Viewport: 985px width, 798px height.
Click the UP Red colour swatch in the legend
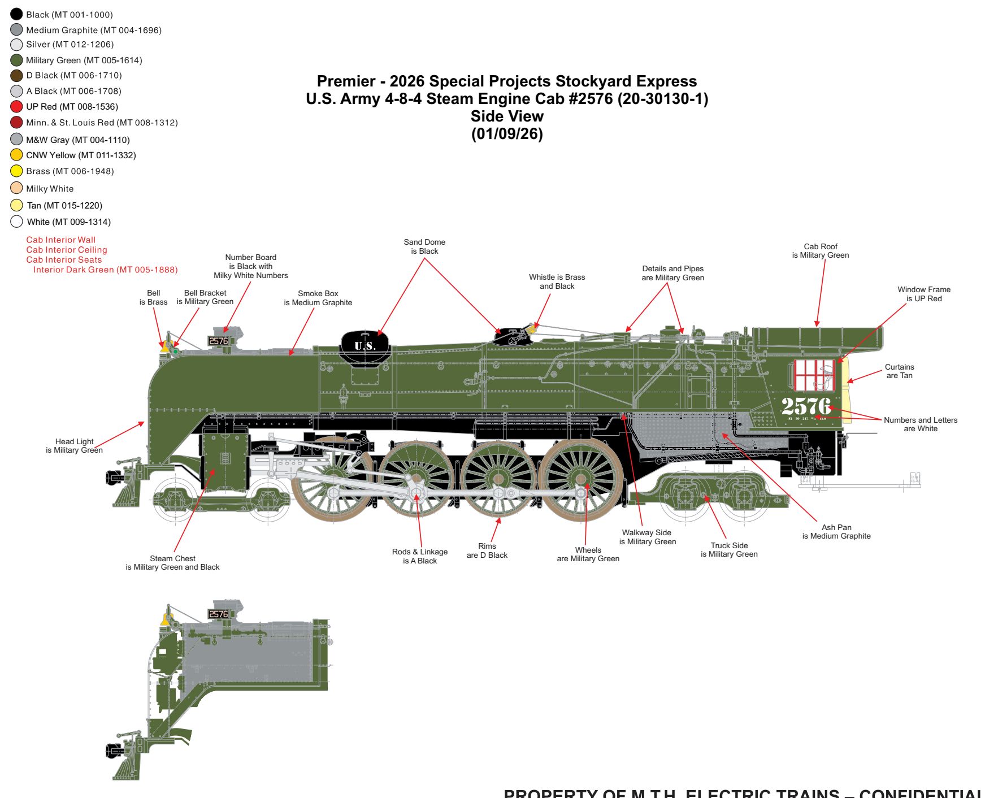click(x=16, y=106)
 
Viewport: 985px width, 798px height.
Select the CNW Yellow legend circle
click(x=16, y=155)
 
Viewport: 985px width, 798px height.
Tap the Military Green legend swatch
click(x=16, y=60)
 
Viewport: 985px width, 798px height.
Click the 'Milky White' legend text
click(x=50, y=189)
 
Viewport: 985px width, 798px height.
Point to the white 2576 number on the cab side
click(x=806, y=406)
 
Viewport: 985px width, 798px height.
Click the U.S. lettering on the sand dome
click(x=365, y=346)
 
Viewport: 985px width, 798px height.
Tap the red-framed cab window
click(x=814, y=375)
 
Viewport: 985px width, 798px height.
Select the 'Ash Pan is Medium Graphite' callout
click(x=836, y=532)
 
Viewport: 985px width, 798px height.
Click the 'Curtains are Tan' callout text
click(x=899, y=371)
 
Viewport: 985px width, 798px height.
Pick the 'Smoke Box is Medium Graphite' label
click(x=318, y=298)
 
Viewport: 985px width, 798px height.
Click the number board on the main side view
click(x=218, y=341)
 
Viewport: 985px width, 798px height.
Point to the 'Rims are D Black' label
click(x=487, y=551)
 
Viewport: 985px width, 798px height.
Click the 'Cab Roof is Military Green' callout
click(x=821, y=251)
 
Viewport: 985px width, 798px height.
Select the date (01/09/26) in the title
click(x=507, y=134)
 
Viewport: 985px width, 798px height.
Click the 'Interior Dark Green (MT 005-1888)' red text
click(x=105, y=270)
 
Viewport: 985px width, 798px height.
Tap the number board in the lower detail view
click(x=218, y=614)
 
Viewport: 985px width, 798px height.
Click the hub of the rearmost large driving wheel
click(x=581, y=479)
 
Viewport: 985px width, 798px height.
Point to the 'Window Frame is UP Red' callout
click(x=924, y=294)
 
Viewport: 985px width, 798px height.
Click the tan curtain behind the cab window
click(x=846, y=390)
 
